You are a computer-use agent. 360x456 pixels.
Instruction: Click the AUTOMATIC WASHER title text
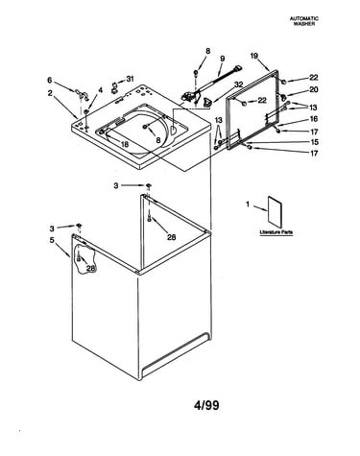304,21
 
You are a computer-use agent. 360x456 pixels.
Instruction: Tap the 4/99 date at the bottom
206,405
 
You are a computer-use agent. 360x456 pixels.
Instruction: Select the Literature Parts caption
276,232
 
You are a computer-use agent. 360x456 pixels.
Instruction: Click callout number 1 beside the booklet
248,204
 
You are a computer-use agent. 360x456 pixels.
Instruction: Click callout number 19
253,56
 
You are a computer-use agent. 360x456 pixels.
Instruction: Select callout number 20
314,90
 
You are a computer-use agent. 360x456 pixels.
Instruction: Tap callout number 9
223,59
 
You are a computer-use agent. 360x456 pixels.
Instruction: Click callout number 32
239,84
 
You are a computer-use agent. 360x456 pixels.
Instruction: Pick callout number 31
130,79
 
